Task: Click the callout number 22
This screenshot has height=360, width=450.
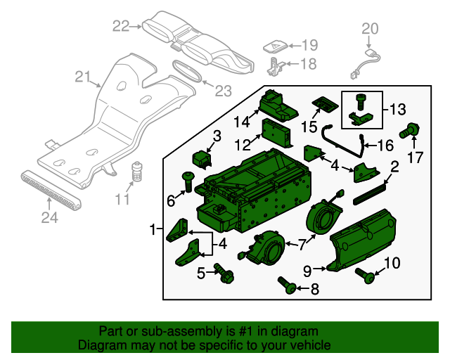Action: point(121,27)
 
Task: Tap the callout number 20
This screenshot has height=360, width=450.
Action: point(370,29)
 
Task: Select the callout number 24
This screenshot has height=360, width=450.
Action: point(48,218)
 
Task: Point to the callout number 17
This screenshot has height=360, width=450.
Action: point(416,157)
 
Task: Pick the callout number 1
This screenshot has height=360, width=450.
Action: point(153,229)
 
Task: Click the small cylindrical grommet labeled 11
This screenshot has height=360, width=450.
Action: point(138,172)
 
